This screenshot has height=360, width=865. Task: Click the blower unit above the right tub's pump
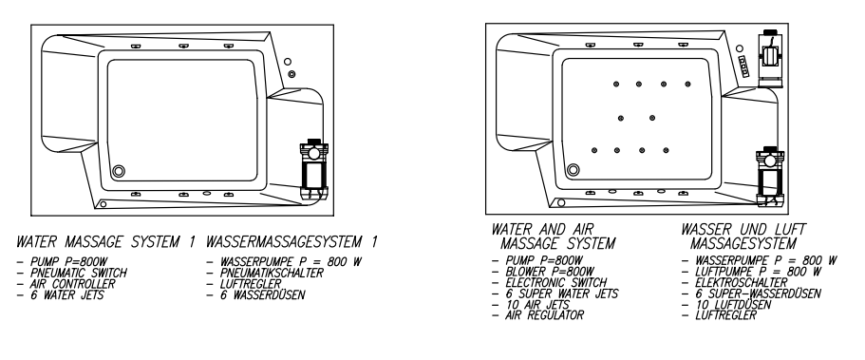point(770,59)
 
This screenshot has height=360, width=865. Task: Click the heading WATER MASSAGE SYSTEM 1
point(106,242)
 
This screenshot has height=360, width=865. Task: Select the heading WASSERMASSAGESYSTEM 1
point(291,242)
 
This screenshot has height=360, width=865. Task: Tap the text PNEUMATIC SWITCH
point(79,273)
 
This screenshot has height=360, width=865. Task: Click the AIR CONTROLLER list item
point(73,284)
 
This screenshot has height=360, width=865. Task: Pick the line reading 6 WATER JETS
point(67,294)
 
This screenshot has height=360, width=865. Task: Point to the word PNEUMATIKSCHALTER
point(272,273)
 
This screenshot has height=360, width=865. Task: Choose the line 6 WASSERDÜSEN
point(263,294)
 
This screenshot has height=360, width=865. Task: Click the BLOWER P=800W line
point(550,272)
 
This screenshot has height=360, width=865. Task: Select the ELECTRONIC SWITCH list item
point(556,283)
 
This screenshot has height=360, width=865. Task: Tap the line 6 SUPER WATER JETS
point(561,294)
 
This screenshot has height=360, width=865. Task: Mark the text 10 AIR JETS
point(537,305)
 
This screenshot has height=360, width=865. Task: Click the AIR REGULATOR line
point(544,315)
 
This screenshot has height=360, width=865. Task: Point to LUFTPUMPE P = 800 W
point(759,272)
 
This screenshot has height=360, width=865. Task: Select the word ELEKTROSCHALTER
point(742,283)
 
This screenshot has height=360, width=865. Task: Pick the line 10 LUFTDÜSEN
point(733,305)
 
